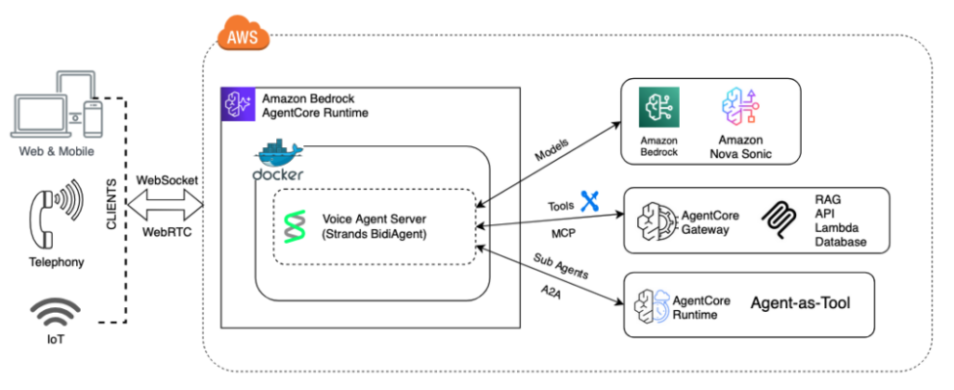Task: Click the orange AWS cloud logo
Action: coord(243,35)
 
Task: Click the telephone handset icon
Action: coord(54,216)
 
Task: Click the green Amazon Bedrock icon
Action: coord(658,107)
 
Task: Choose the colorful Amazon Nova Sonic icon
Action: coord(739,109)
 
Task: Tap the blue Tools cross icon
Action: coord(590,200)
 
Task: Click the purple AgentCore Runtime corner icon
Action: coord(238,104)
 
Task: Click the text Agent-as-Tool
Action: coord(800,302)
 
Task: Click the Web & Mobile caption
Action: coord(57,151)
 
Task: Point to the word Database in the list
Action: coord(840,243)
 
